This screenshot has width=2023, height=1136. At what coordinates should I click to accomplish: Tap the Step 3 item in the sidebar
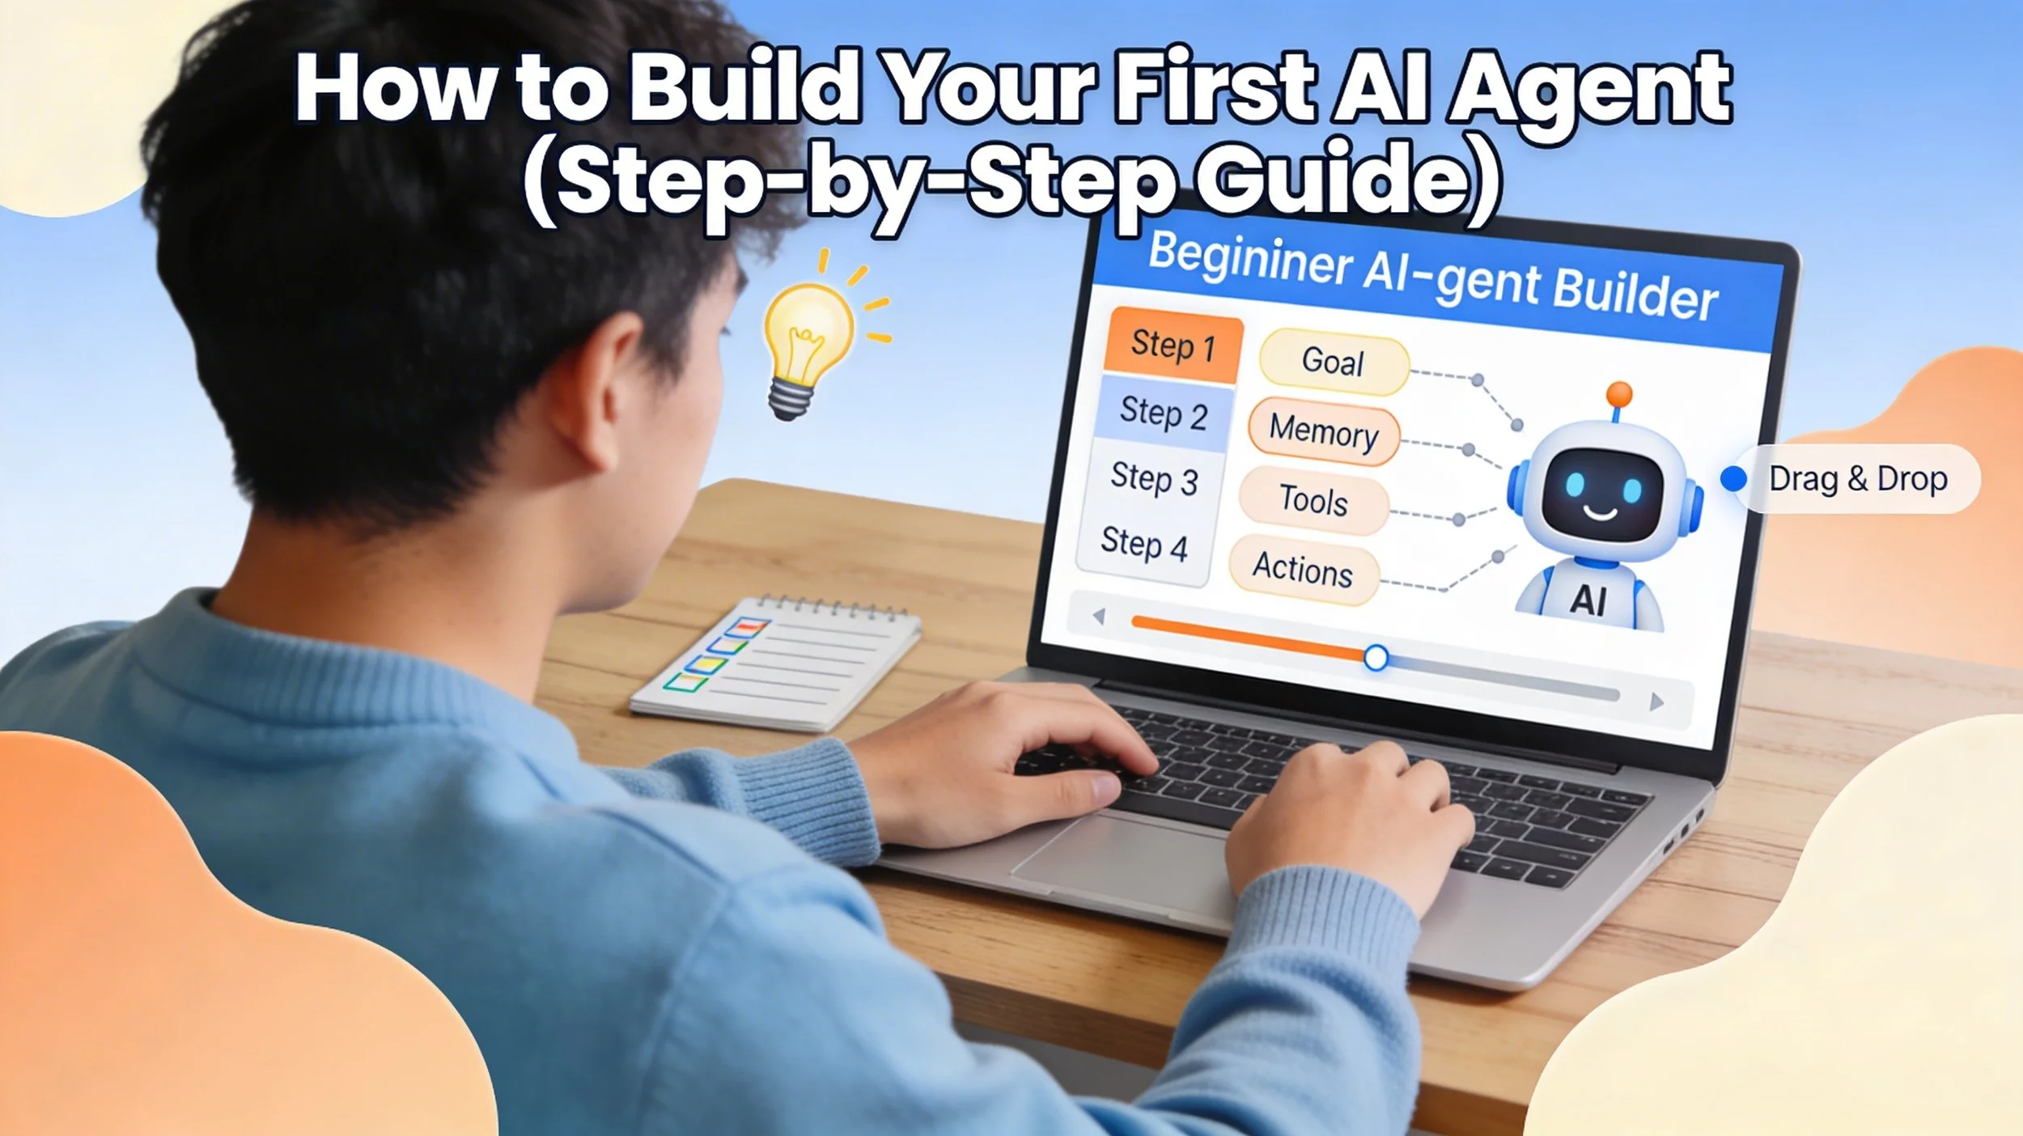click(x=1154, y=478)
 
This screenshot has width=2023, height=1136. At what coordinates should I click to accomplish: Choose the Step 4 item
click(x=1143, y=544)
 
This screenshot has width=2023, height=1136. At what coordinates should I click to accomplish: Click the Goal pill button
click(x=1333, y=362)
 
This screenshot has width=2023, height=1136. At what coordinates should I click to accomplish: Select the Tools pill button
click(x=1313, y=499)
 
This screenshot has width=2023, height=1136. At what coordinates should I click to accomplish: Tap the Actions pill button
click(x=1303, y=568)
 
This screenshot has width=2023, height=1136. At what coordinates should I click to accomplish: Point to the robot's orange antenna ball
click(x=1619, y=395)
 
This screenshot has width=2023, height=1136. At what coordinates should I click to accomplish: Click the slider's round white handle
click(x=1376, y=658)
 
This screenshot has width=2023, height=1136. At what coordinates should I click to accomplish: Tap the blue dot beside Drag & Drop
click(x=1732, y=478)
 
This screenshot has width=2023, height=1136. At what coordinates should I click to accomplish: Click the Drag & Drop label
click(x=1858, y=479)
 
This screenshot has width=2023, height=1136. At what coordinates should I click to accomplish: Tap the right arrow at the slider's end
click(x=1656, y=702)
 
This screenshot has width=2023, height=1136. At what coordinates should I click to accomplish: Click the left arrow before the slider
click(x=1098, y=617)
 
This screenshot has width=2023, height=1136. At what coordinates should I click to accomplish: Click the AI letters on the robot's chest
click(x=1588, y=600)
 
